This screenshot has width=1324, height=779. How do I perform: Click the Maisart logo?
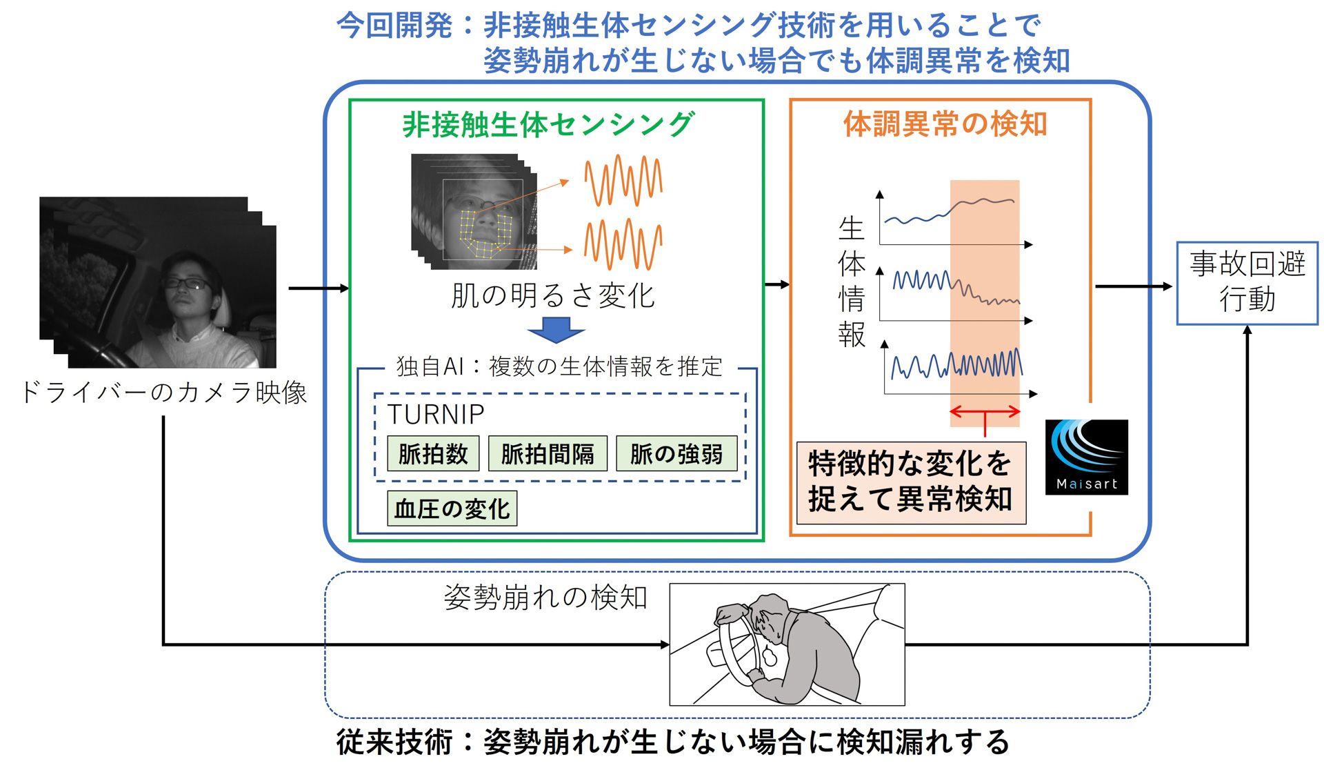coord(1086,457)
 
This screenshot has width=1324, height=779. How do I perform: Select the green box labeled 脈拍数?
coord(433,454)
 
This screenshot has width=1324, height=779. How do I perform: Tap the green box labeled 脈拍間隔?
coord(548,454)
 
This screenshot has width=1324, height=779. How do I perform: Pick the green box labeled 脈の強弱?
coord(676,454)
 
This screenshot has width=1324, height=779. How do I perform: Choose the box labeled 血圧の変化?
coord(452,509)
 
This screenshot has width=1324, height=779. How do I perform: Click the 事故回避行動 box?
coord(1247,283)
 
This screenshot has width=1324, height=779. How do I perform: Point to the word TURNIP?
coord(436,414)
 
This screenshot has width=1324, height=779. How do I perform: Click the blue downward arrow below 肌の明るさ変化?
coord(556,330)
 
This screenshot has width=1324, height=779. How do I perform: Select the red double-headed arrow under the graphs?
coord(985,413)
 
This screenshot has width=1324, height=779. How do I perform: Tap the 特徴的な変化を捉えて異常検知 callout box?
coord(910,482)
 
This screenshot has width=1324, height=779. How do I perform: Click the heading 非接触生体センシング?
coord(548,125)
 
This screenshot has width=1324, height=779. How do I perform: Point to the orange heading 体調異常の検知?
coord(945,125)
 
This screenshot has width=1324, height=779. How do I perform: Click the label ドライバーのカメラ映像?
coord(164,392)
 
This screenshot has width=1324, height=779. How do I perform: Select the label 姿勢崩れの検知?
coord(545,597)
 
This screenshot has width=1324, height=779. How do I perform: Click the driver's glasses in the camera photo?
coord(185,282)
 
